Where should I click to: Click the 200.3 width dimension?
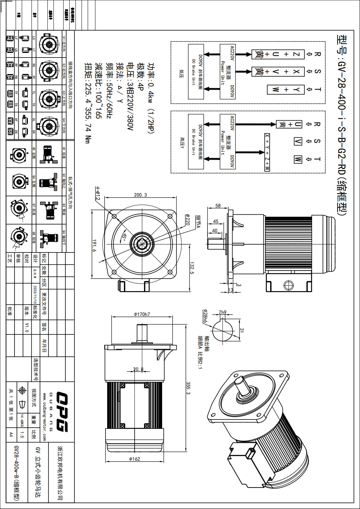click(140, 195)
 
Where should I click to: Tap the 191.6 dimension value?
click(94, 245)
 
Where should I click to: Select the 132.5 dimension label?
click(192, 268)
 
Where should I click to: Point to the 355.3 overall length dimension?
click(188, 388)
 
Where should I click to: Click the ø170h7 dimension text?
click(142, 314)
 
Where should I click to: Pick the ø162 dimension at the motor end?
click(135, 459)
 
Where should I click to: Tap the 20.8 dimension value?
click(138, 369)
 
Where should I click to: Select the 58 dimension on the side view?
click(218, 206)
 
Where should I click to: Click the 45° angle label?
click(124, 237)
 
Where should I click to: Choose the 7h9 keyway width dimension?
click(223, 312)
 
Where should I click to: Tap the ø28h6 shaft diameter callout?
click(205, 316)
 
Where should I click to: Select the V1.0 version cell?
click(27, 327)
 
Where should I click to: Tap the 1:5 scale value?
click(22, 435)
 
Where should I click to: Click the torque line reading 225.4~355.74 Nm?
click(88, 103)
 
